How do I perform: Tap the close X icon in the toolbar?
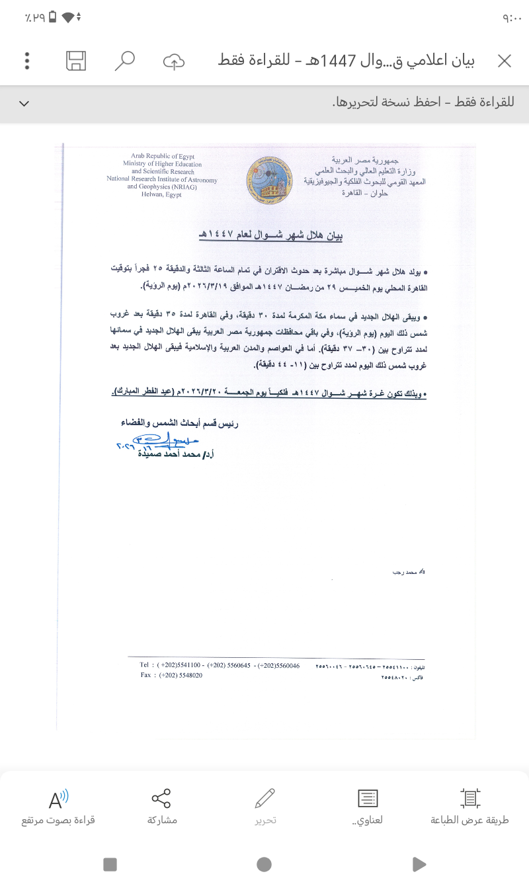click(505, 61)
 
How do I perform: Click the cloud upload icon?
click(173, 61)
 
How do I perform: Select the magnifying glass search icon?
click(124, 61)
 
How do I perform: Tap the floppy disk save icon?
click(76, 61)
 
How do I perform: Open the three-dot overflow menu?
click(27, 61)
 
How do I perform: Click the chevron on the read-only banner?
click(24, 103)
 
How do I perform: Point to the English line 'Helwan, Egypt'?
click(161, 194)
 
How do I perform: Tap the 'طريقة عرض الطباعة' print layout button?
click(469, 807)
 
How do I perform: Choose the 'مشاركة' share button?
click(162, 807)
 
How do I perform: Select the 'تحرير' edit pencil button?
click(265, 807)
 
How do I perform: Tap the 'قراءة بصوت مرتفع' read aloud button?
click(58, 807)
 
